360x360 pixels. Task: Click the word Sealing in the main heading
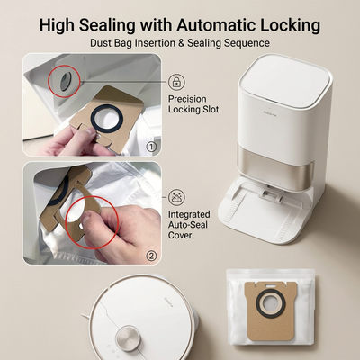[107, 25]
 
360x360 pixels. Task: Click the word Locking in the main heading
[290, 25]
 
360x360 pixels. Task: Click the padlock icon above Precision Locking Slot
[176, 82]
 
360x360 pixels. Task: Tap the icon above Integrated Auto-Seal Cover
[176, 197]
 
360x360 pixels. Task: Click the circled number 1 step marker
[151, 147]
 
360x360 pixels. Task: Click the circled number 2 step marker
[151, 256]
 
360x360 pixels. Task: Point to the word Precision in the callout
[187, 99]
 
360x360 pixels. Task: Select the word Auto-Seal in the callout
[188, 225]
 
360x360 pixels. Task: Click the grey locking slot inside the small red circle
[65, 81]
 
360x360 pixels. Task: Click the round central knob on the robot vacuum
[129, 337]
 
